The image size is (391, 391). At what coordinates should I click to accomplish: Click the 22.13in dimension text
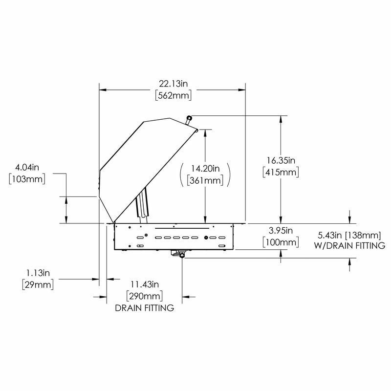click(x=174, y=84)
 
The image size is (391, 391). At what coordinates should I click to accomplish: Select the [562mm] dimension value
click(x=174, y=95)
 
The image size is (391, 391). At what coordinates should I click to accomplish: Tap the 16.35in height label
click(x=281, y=160)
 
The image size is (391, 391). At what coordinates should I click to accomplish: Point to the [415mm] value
click(x=281, y=172)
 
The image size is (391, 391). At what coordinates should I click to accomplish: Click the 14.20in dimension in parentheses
click(x=205, y=169)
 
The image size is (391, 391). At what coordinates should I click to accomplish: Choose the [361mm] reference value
click(x=205, y=180)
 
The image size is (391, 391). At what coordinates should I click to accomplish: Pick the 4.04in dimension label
click(x=27, y=167)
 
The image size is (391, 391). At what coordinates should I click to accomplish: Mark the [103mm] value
click(x=27, y=179)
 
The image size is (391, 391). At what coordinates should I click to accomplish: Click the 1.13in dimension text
click(x=38, y=273)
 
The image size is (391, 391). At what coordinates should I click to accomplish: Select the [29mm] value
click(x=38, y=284)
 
